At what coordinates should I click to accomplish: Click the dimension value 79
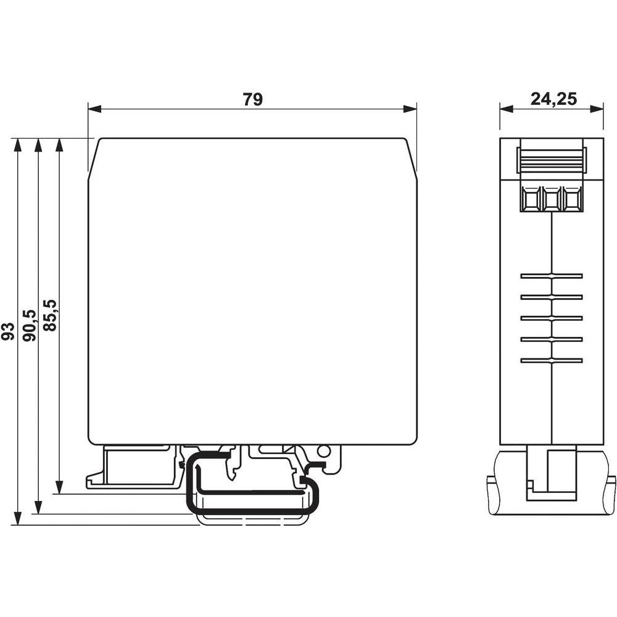pyautogui.click(x=252, y=100)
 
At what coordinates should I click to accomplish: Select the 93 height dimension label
pyautogui.click(x=8, y=331)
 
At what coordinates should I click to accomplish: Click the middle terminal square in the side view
pyautogui.click(x=551, y=199)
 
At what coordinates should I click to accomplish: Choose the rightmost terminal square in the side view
pyautogui.click(x=572, y=199)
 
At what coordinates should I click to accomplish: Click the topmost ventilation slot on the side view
pyautogui.click(x=551, y=276)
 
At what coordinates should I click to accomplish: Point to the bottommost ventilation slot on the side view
pyautogui.click(x=551, y=360)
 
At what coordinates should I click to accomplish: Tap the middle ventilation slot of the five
pyautogui.click(x=551, y=318)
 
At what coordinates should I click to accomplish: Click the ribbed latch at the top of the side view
pyautogui.click(x=551, y=160)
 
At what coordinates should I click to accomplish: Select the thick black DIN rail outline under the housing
pyautogui.click(x=253, y=511)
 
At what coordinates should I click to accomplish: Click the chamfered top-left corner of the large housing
pyautogui.click(x=94, y=158)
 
